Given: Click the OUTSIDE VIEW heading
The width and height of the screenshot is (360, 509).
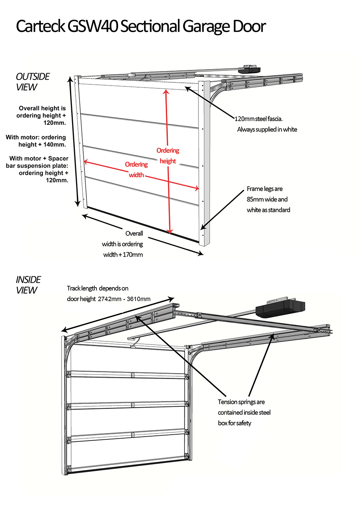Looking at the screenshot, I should (33, 81).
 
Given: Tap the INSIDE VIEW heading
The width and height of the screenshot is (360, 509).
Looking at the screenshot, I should (28, 285).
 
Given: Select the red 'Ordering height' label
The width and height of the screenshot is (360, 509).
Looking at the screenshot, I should (168, 156).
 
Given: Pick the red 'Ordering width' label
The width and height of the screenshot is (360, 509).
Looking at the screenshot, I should (136, 170).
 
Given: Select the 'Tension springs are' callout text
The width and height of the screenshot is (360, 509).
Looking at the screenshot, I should (241, 402).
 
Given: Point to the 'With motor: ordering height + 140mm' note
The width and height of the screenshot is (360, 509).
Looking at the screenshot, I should (36, 141).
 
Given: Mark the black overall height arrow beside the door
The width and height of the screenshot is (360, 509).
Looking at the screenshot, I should (74, 140).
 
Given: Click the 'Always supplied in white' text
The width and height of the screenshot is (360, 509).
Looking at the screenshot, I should (267, 130).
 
